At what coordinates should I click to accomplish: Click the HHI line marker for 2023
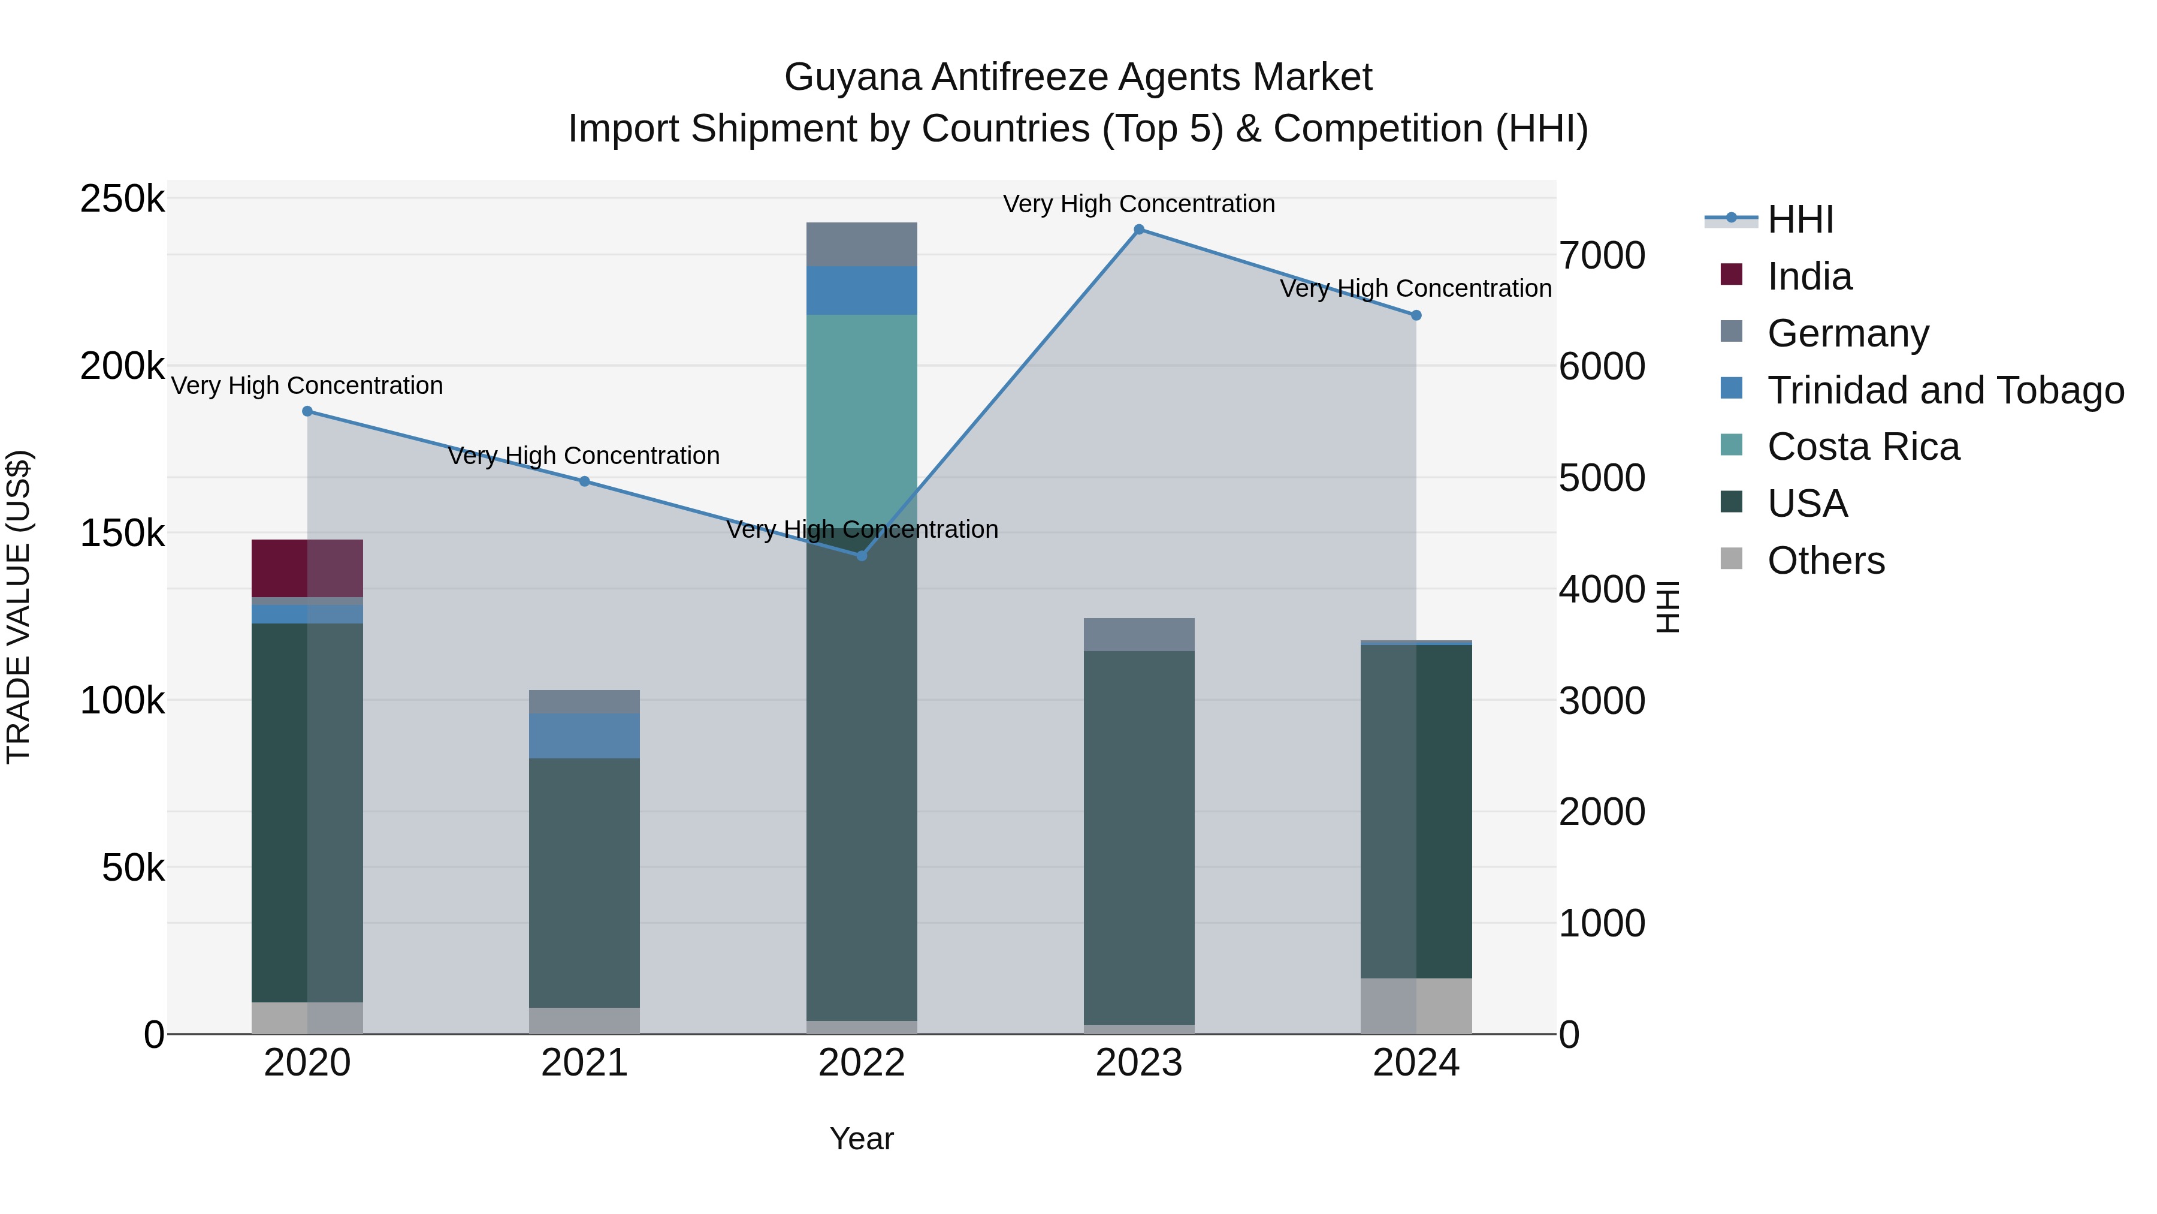click(1139, 230)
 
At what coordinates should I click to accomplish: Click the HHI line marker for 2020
click(307, 411)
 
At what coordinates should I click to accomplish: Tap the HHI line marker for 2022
click(862, 556)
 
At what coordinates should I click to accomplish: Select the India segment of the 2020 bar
click(307, 568)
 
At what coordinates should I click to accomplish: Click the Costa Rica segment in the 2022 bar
click(862, 419)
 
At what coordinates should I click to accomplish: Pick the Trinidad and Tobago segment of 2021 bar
click(584, 736)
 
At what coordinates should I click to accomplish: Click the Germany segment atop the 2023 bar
click(1139, 634)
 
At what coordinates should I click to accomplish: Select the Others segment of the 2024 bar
click(1416, 1005)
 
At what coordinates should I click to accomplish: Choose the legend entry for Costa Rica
click(1862, 447)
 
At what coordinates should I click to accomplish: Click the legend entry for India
click(1809, 276)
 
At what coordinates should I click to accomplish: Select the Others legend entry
click(1826, 561)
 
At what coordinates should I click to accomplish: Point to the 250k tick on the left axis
click(122, 200)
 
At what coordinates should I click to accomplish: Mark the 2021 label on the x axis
click(584, 1063)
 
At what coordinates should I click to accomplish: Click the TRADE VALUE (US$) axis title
click(19, 607)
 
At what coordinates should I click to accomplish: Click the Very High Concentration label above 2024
click(1415, 288)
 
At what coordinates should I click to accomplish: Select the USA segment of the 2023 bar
click(1139, 838)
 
